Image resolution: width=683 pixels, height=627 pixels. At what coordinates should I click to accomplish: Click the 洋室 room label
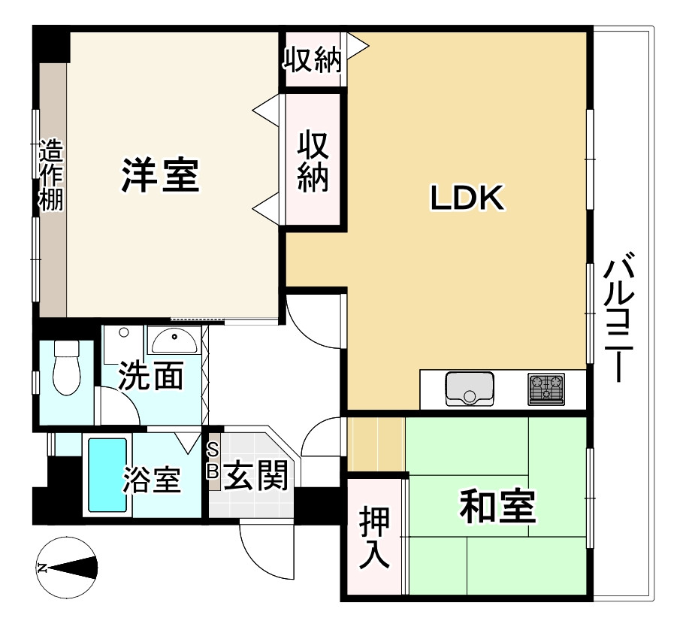pos(161,175)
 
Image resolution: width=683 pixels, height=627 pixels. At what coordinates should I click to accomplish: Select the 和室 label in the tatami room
pos(497,507)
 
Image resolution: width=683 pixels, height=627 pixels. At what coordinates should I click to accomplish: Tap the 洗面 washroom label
pos(151,376)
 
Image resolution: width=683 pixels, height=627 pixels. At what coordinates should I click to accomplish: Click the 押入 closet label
pos(373,538)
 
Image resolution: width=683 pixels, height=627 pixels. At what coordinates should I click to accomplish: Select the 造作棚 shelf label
pos(52,177)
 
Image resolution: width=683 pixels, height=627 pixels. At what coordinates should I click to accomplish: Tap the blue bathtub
pos(107,474)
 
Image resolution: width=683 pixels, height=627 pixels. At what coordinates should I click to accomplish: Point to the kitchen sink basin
pos(470,388)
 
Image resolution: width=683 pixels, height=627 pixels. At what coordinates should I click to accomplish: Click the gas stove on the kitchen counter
pos(545,389)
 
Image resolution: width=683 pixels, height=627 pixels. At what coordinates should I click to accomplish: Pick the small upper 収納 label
pos(312,61)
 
